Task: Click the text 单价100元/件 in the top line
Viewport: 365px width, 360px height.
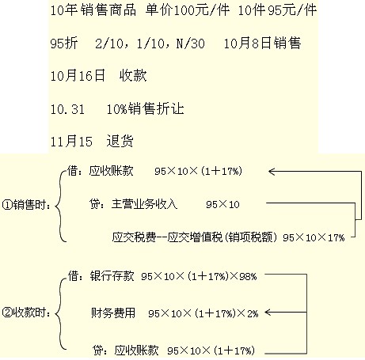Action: [188, 10]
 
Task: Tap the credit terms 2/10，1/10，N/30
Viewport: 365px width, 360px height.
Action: [150, 43]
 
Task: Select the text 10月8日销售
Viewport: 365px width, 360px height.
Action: [262, 43]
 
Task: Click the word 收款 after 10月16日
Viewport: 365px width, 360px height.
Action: [133, 75]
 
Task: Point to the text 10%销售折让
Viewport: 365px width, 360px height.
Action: [145, 108]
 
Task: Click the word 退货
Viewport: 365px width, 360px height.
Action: [120, 141]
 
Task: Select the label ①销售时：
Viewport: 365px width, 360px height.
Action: [26, 205]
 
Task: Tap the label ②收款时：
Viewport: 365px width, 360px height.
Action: [26, 313]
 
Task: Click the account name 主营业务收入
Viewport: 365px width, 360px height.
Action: [144, 204]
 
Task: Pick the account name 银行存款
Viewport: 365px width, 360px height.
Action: [112, 276]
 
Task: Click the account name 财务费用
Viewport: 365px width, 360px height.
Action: [113, 313]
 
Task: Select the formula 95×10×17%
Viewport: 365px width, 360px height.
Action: [314, 237]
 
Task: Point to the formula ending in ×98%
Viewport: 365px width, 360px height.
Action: [199, 276]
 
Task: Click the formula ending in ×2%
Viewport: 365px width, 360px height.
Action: [203, 313]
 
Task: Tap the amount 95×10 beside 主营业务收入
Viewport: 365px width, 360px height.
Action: [222, 204]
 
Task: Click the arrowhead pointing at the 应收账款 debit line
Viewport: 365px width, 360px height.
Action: [272, 172]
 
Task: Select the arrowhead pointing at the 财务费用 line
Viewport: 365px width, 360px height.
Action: [268, 313]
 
